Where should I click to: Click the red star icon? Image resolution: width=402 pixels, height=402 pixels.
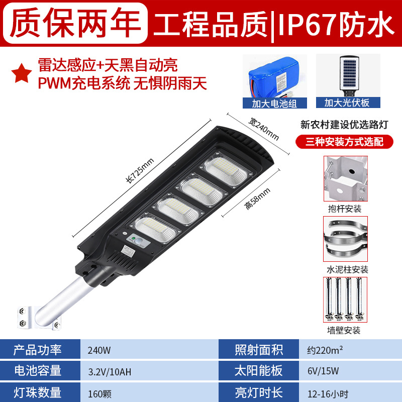click(x=22, y=73)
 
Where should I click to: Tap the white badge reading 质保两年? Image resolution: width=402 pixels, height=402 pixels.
click(x=75, y=23)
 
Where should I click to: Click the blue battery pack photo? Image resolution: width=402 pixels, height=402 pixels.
click(x=274, y=77)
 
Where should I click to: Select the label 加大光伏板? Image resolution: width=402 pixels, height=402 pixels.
click(x=348, y=103)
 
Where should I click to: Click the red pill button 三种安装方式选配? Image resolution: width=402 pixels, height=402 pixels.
click(x=344, y=142)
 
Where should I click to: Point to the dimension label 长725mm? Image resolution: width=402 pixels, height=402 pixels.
click(x=140, y=170)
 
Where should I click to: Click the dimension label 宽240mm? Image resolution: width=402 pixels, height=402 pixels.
click(x=263, y=129)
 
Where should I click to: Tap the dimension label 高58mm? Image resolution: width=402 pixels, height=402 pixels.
click(x=257, y=198)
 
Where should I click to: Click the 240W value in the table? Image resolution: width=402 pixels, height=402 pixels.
click(x=99, y=350)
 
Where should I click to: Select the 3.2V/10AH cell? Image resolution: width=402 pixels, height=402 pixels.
click(x=110, y=372)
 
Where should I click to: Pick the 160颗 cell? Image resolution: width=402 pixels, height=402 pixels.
click(x=99, y=393)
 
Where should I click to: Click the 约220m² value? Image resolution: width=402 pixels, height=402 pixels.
click(x=325, y=350)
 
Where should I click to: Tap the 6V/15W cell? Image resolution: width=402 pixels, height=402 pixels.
click(x=323, y=371)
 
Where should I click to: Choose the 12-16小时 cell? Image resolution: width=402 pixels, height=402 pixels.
click(x=328, y=394)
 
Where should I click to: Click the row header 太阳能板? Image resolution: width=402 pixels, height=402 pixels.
click(x=258, y=371)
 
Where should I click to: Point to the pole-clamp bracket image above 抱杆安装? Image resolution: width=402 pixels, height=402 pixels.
click(x=345, y=178)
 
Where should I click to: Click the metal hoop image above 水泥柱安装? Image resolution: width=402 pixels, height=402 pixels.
click(x=345, y=239)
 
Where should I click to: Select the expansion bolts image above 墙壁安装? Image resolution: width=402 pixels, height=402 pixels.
click(x=345, y=299)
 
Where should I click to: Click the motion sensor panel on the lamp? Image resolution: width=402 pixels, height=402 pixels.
click(x=139, y=241)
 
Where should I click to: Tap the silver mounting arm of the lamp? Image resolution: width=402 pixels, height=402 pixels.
click(x=61, y=299)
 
